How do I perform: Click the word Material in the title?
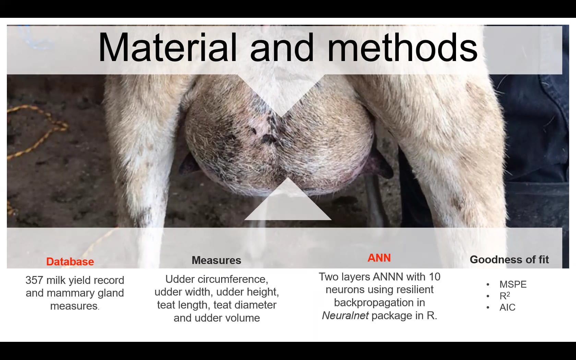[x=167, y=48]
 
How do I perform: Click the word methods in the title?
[x=403, y=48]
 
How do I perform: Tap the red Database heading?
[x=70, y=262]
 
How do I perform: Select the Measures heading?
[x=216, y=260]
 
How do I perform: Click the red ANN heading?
[x=379, y=258]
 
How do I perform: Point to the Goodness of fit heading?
[x=509, y=260]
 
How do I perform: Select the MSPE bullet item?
[x=513, y=284]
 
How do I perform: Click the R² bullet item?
[x=505, y=296]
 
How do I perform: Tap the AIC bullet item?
[x=507, y=307]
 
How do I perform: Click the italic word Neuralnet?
[x=345, y=315]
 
